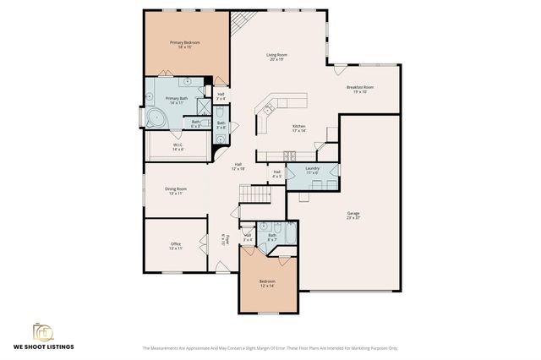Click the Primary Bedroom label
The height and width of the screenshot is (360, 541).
(184, 44)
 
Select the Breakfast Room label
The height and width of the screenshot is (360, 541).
(360, 89)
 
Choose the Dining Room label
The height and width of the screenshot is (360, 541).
(176, 191)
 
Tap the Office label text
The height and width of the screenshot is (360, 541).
(176, 246)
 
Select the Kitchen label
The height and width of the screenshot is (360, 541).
(298, 128)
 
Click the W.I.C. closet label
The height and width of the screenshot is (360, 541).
(178, 147)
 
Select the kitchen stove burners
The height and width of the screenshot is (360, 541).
(289, 155)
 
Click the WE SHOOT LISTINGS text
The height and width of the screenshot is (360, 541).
(43, 346)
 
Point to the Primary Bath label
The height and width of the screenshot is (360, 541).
(178, 101)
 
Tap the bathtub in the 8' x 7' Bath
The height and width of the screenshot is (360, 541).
(290, 232)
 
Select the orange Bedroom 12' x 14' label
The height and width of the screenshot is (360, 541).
(267, 283)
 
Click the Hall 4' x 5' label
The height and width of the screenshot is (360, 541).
(276, 174)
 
